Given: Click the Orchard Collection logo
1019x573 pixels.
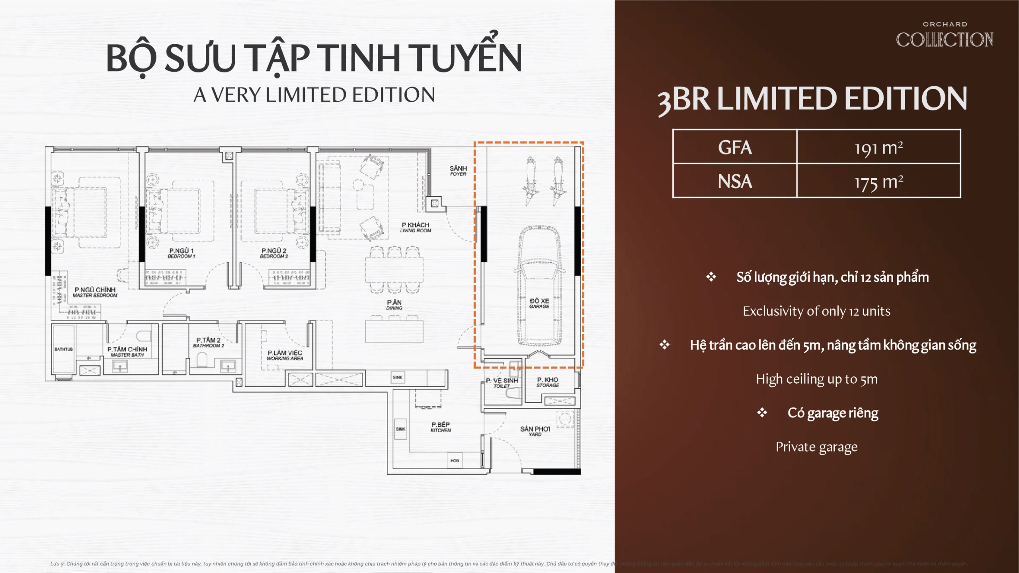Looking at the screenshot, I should (x=944, y=36).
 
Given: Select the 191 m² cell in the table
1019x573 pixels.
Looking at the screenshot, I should (x=878, y=147).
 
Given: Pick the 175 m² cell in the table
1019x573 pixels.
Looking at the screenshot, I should (x=878, y=181).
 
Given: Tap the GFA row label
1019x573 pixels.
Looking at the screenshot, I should (x=735, y=147).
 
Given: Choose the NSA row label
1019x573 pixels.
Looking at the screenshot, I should (x=735, y=181).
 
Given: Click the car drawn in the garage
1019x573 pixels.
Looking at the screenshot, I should (x=539, y=286).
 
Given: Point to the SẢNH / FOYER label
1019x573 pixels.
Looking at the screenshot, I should (x=458, y=171).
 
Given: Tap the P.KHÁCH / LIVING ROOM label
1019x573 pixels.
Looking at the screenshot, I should (x=415, y=227).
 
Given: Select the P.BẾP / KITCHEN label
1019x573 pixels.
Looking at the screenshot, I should (x=441, y=427).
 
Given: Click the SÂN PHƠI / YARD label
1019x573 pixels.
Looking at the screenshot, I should (x=535, y=431).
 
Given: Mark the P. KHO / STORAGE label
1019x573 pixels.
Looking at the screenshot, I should (x=548, y=382).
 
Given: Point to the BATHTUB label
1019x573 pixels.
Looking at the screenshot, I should (x=64, y=349).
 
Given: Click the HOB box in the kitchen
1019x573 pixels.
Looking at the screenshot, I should (x=455, y=460).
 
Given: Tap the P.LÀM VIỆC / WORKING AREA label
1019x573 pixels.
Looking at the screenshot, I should (x=285, y=355).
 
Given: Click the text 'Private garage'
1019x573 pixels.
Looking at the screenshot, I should (x=816, y=447).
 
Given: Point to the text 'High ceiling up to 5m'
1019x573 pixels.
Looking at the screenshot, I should (x=816, y=379).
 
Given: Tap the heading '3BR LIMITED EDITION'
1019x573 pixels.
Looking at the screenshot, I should (x=812, y=99).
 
